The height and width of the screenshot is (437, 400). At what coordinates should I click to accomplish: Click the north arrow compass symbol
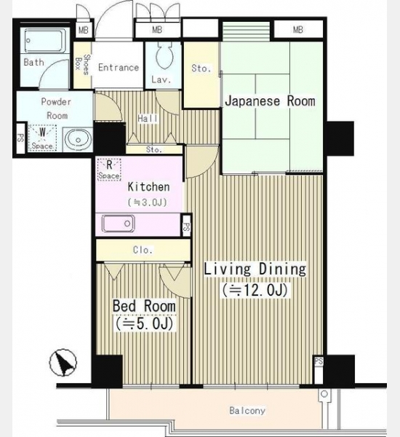63,362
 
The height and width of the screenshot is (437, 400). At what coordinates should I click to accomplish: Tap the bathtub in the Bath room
45,41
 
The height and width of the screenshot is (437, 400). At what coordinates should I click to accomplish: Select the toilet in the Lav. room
164,55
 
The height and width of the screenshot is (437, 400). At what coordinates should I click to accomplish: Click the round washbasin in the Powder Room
78,140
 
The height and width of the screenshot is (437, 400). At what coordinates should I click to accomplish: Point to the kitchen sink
119,224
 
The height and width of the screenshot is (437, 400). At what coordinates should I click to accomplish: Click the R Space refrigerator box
109,170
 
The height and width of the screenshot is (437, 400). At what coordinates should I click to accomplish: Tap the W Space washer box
42,138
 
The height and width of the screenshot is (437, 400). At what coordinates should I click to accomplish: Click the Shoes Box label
82,64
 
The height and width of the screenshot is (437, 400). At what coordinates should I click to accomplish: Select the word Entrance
119,68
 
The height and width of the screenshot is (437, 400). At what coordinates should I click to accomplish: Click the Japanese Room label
270,101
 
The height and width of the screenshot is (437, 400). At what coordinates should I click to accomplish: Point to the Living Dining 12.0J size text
255,290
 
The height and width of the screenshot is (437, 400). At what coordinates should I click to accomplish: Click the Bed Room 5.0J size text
144,323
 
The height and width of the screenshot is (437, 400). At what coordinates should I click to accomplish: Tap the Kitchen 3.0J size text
148,202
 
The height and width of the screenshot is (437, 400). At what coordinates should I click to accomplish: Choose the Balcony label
247,410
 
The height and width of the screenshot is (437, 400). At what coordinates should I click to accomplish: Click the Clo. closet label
143,250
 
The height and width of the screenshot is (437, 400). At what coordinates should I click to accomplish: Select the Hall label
148,119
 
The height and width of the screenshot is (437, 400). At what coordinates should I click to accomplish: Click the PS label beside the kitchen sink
186,227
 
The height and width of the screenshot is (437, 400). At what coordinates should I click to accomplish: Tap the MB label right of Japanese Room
298,30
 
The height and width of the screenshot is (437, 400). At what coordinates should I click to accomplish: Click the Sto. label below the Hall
154,149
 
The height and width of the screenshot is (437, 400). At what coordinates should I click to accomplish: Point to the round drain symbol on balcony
324,394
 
